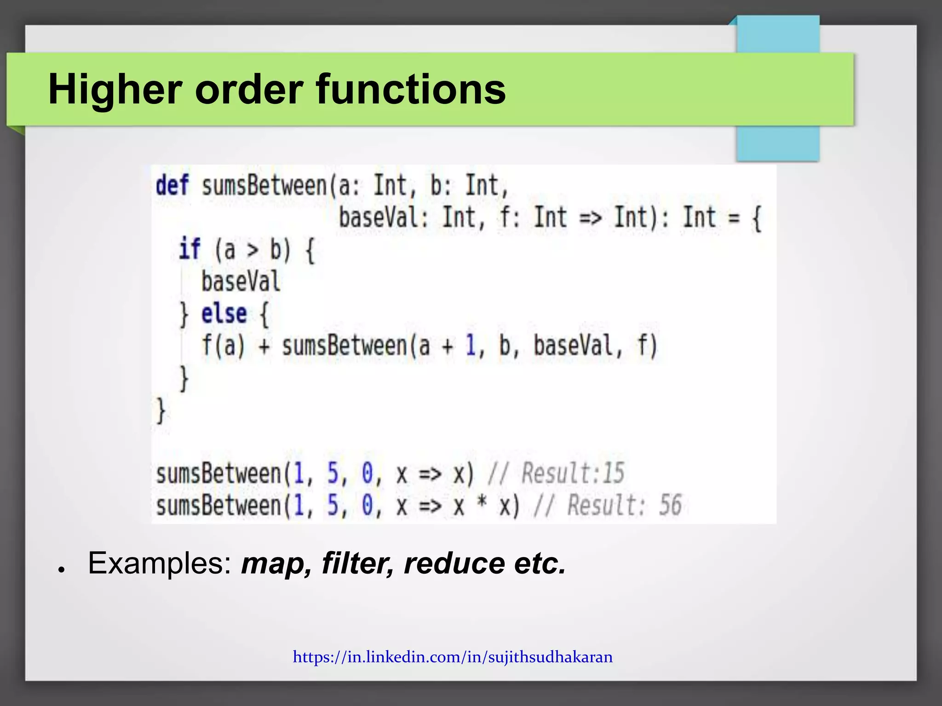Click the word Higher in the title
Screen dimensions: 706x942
coord(115,90)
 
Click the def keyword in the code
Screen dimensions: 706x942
coord(172,185)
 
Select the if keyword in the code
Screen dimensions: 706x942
coord(190,250)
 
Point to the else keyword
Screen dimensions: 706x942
coord(224,314)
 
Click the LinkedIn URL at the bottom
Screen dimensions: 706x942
coord(453,657)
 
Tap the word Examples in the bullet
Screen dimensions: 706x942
coord(159,564)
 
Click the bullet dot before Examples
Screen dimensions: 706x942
coord(60,569)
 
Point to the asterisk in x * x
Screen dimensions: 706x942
coord(482,504)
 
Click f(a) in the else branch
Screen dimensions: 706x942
coord(223,346)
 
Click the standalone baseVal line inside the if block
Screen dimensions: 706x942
coord(241,282)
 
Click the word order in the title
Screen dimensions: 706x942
coord(249,90)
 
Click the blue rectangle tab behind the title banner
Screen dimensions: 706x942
coord(777,142)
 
